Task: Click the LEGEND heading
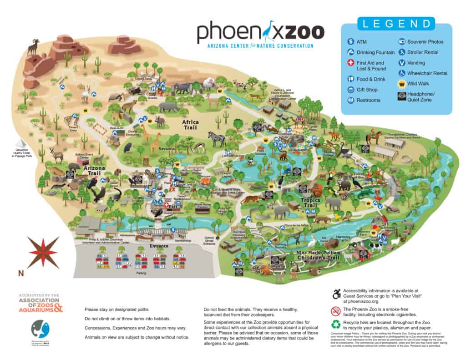[396, 24]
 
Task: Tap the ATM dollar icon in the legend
[350, 42]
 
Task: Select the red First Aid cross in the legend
[350, 64]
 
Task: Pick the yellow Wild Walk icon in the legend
[402, 83]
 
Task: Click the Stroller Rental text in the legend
[423, 52]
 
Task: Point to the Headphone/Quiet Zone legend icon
[402, 96]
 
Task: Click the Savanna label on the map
[167, 149]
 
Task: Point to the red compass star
[43, 252]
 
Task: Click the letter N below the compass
[20, 273]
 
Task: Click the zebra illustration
[217, 139]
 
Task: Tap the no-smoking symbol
[335, 311]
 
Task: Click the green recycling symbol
[335, 325]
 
